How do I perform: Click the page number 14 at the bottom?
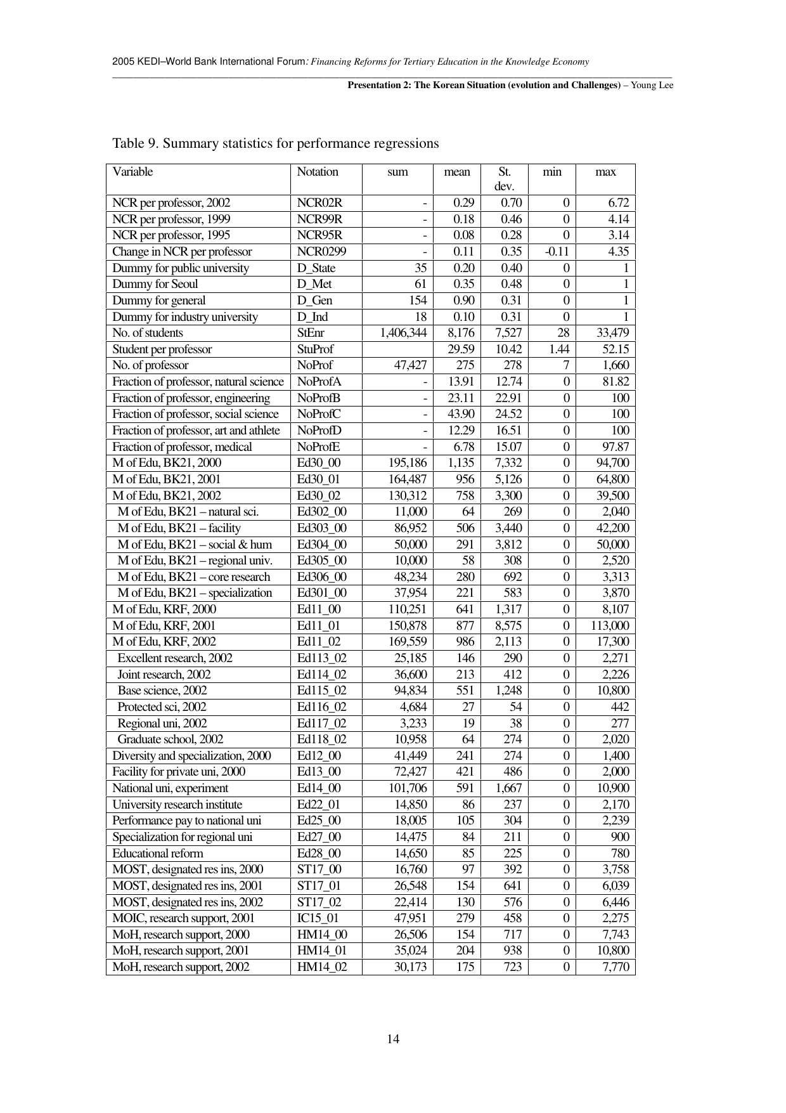[393, 1039]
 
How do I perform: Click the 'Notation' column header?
[318, 172]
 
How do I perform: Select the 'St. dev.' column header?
[505, 179]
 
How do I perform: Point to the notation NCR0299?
[321, 252]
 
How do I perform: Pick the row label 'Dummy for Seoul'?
[155, 284]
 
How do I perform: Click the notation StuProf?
[315, 349]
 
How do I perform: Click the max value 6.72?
[618, 203]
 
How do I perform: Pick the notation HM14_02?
[322, 967]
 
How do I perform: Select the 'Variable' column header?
[132, 172]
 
